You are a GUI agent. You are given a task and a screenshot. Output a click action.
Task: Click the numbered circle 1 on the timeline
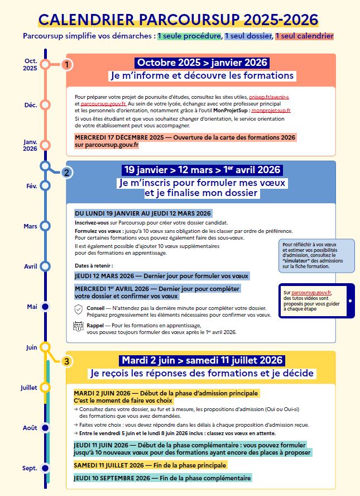66,65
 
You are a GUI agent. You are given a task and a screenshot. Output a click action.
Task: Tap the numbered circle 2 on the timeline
66,172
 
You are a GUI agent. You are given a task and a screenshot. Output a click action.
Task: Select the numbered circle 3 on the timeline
66,361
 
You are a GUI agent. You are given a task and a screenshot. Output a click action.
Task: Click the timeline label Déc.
31,105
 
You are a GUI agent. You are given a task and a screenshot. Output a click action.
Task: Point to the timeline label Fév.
31,186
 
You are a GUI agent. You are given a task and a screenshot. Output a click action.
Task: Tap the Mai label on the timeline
32,307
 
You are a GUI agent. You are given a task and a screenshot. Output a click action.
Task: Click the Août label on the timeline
30,428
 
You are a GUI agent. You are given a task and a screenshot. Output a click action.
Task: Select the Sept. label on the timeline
30,468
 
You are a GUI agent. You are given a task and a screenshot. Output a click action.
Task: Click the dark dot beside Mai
46,307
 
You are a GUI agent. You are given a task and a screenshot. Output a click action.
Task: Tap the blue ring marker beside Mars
46,226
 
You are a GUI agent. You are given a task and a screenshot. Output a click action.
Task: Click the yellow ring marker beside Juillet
46,387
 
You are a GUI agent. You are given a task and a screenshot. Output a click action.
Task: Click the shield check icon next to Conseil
78,309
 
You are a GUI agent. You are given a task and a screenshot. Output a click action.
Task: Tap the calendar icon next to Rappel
78,327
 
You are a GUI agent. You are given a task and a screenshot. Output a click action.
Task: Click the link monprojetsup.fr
271,111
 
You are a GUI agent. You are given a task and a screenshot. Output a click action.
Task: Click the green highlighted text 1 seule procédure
189,36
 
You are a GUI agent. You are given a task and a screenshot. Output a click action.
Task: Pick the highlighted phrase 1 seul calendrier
304,36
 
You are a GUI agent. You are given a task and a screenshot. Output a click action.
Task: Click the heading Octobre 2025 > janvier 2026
202,63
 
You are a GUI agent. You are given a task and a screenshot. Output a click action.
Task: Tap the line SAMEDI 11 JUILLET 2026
150,465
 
